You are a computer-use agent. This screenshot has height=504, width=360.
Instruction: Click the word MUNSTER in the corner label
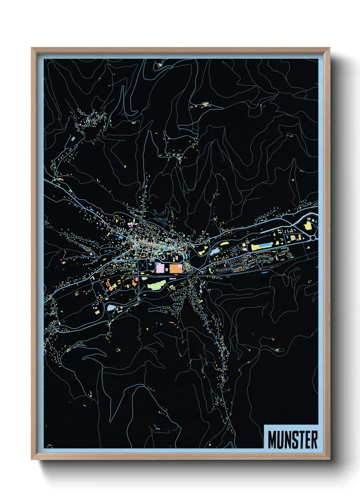tap(293, 440)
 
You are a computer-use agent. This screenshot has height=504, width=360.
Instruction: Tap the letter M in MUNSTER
tap(272, 440)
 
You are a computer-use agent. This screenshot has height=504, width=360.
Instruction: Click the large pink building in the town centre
tap(160, 267)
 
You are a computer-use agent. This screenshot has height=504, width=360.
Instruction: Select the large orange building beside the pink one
tap(175, 268)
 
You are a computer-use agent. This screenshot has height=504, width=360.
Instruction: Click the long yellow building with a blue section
tap(262, 246)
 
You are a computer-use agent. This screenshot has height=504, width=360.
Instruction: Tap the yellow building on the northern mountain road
tap(205, 104)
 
